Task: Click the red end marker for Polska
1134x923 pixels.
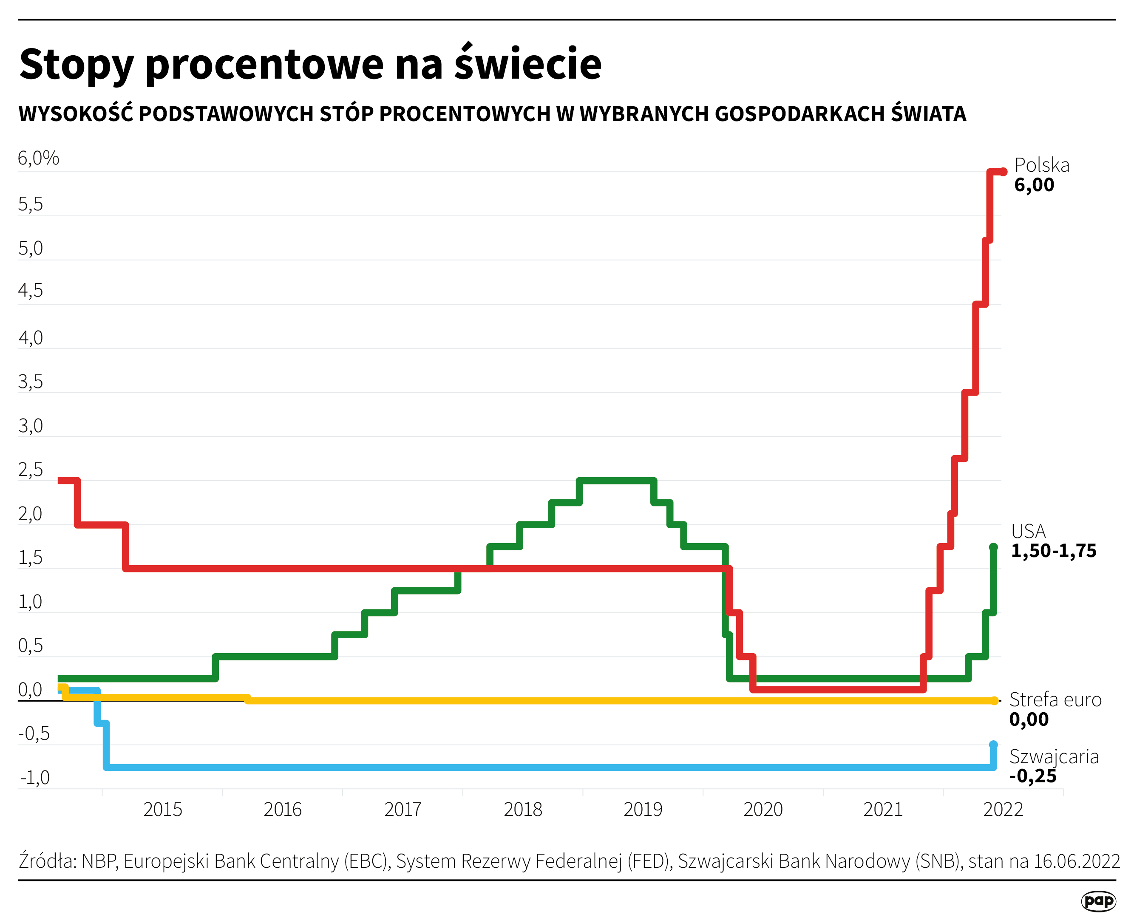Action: pos(1003,172)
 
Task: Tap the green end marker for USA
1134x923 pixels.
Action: pos(993,547)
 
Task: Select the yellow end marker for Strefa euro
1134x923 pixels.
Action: pos(994,701)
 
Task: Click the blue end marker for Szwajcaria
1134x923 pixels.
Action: pos(993,745)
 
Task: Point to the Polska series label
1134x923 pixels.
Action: pos(1041,165)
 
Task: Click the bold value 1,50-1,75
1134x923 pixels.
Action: pos(1053,551)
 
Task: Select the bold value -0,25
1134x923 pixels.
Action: pos(1032,776)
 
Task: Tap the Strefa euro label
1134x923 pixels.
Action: pos(1055,700)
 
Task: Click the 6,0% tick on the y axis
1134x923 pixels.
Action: pos(38,159)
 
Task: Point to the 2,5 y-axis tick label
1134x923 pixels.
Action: pos(30,470)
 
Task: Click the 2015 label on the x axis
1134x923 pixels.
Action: pos(163,810)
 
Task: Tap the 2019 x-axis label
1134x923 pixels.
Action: pos(643,810)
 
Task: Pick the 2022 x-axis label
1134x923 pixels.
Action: pos(1003,810)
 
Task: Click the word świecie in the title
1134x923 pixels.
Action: pos(527,64)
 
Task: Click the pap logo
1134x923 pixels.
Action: pos(1098,900)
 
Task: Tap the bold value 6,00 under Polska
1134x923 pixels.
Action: pos(1034,185)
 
